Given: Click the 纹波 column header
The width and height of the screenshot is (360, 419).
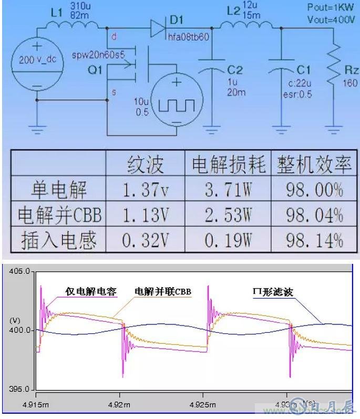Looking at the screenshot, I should pos(145,165).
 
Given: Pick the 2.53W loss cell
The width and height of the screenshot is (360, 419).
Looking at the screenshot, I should pos(227,214).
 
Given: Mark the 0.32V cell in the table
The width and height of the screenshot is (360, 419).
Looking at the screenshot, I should pos(145,240).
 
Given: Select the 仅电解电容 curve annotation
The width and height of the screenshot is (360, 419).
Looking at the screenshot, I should pos(90,291).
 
